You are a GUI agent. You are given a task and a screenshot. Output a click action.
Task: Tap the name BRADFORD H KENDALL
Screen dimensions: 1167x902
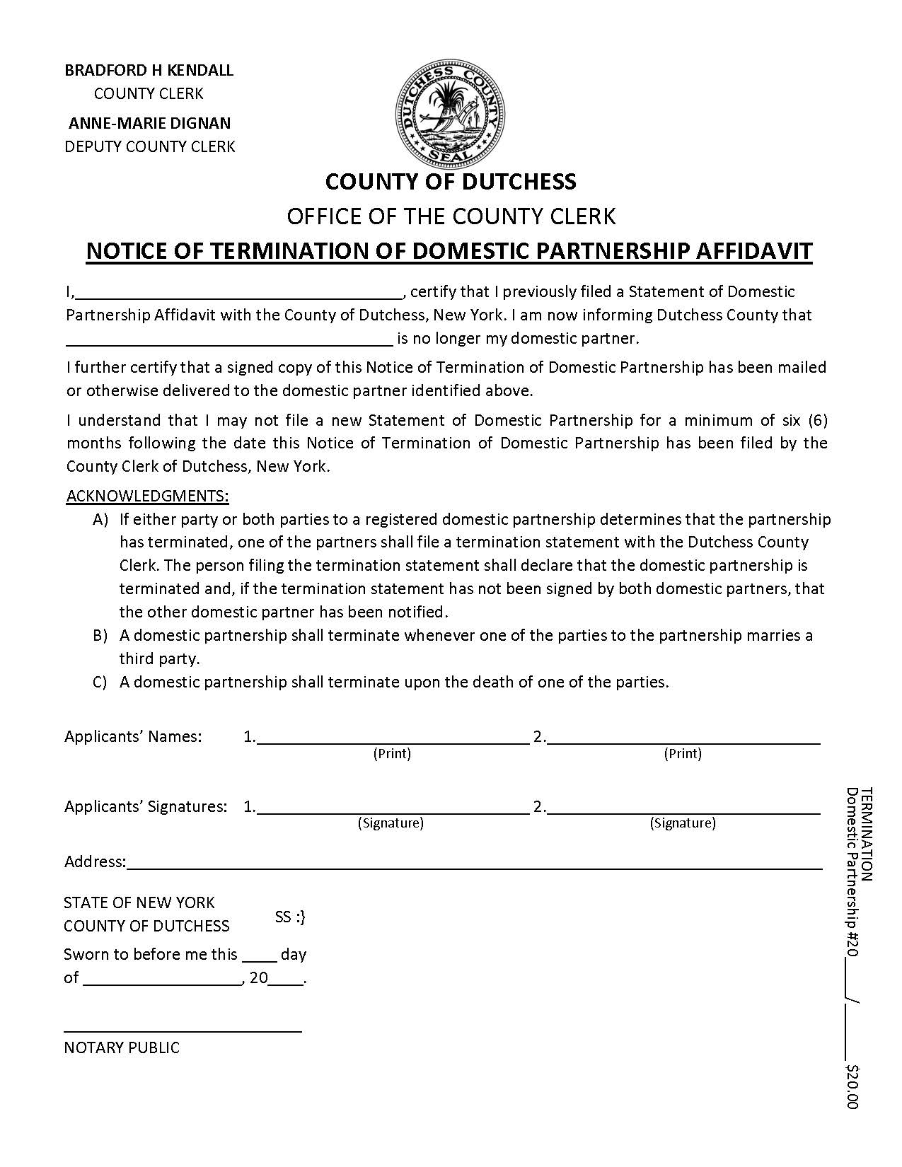coord(149,70)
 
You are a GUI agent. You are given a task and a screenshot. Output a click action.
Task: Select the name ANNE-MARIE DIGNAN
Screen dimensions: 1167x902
coord(149,123)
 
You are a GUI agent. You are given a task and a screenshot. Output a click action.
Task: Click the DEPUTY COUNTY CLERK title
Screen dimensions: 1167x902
coord(150,146)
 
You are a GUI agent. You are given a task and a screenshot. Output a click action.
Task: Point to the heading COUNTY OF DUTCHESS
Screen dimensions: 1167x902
coord(451,182)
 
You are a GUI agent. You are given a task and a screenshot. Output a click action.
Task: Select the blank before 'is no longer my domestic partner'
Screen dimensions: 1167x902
coord(229,342)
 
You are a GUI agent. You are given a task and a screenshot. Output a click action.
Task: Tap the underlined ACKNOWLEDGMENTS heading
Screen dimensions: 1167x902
coord(147,495)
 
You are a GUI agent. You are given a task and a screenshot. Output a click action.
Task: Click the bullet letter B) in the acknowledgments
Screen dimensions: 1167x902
coord(100,635)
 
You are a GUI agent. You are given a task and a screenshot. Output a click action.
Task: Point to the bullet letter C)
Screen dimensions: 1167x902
coord(100,682)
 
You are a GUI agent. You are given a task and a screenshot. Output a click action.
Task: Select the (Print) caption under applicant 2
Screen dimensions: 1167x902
coord(683,754)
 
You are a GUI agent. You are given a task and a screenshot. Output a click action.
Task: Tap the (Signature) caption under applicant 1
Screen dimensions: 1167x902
coord(391,823)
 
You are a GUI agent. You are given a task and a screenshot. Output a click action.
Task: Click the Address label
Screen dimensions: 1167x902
coord(94,861)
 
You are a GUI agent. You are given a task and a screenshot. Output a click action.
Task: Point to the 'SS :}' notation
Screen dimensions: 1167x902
coord(290,917)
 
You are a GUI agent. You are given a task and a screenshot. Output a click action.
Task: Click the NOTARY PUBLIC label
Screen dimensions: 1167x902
coord(122,1047)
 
